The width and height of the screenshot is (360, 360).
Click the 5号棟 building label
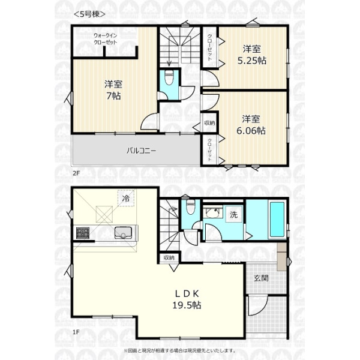[x=89, y=14]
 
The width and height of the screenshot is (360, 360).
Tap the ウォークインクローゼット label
[x=106, y=39]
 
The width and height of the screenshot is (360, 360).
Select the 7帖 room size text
[x=113, y=96]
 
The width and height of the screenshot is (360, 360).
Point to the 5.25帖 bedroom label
[x=251, y=61]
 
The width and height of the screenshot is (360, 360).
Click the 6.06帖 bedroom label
[x=251, y=131]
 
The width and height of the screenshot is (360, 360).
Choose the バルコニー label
[x=142, y=151]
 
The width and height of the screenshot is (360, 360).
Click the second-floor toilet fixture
[x=169, y=77]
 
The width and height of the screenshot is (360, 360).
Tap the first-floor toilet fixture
[x=190, y=207]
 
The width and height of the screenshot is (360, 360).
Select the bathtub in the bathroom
[x=277, y=220]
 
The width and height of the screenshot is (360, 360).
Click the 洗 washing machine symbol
[x=234, y=214]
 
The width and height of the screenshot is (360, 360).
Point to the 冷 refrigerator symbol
[x=126, y=198]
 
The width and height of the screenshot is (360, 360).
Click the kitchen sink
[x=123, y=232]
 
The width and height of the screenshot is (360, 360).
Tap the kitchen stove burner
[x=83, y=233]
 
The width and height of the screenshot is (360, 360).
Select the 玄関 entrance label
[x=261, y=278]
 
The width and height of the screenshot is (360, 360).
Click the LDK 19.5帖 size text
[x=187, y=299]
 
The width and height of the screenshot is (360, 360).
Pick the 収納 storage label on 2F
[x=209, y=123]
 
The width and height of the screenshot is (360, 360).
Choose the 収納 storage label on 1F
[x=169, y=257]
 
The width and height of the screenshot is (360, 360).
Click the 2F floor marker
[x=76, y=173]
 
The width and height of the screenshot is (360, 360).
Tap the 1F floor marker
[x=76, y=332]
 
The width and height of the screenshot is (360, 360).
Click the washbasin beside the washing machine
[x=213, y=212]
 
